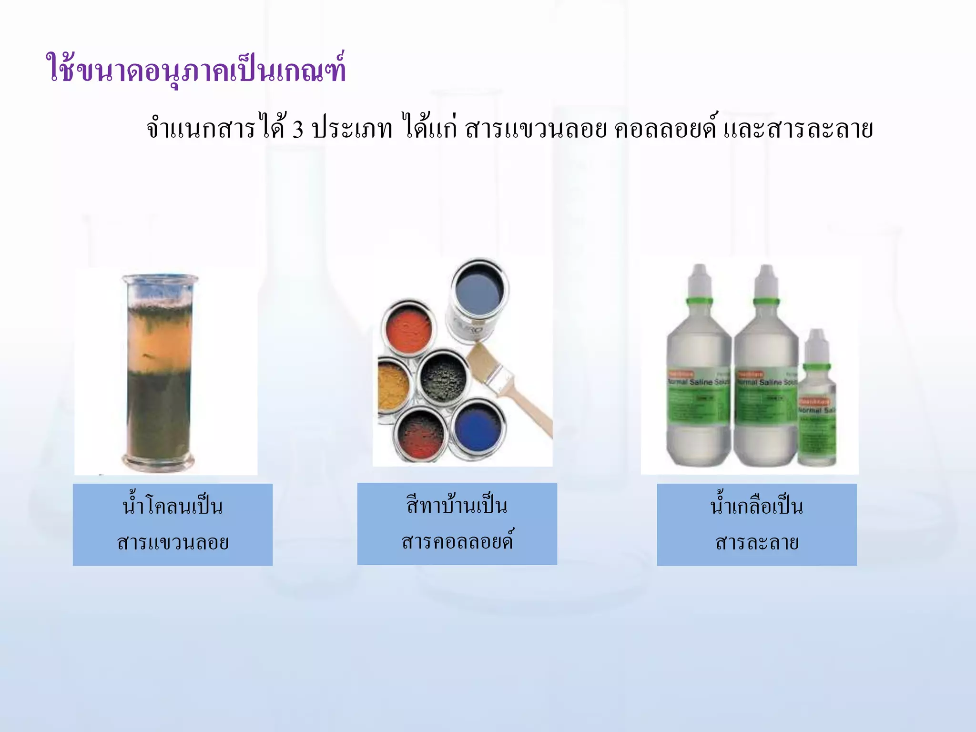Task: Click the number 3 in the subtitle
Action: pos(298,129)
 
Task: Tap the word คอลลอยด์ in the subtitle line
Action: pos(665,129)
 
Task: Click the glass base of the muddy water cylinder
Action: pos(159,461)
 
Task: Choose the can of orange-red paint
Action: pos(409,329)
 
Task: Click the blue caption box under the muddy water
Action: pos(173,524)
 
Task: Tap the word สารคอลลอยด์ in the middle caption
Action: pos(457,541)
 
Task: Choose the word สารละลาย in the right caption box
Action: pos(757,542)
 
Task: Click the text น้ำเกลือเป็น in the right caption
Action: pos(757,506)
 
